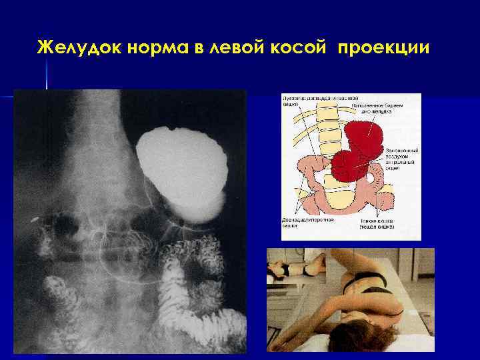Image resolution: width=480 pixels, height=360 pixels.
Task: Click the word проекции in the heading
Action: click(x=385, y=49)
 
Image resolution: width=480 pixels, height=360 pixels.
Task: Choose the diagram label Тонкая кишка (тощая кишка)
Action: click(x=377, y=223)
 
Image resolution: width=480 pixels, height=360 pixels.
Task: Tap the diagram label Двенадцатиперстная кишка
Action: click(x=301, y=223)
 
